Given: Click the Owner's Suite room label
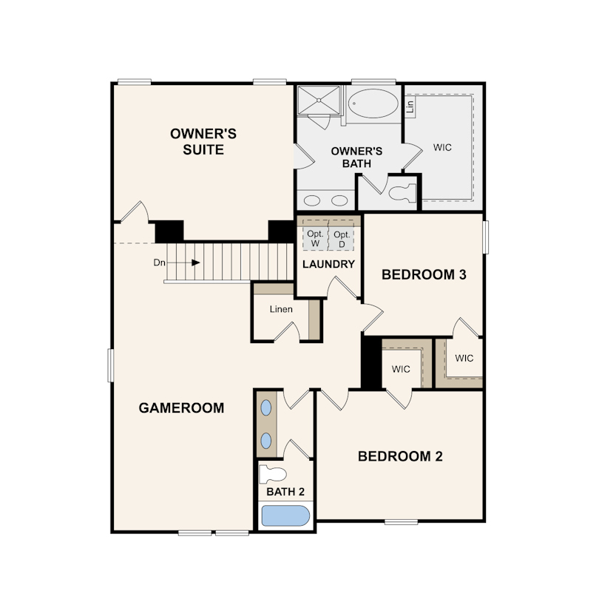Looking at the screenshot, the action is tap(203, 142).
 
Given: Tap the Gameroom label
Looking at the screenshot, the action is tap(181, 408).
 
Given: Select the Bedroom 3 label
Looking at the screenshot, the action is tap(424, 274).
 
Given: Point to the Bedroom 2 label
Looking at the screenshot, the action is tap(400, 456).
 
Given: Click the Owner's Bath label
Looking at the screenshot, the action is tap(356, 158).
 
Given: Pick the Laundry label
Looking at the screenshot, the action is tap(328, 264).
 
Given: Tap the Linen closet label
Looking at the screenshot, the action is tap(281, 309).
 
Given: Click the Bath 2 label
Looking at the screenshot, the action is tap(285, 492).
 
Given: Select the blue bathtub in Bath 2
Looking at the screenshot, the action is tap(285, 515).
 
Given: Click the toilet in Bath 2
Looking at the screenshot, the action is tap(273, 475).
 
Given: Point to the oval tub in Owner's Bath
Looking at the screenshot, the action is tap(373, 103).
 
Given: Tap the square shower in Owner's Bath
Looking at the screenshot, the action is tap(319, 100).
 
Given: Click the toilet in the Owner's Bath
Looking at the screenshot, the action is tap(403, 192).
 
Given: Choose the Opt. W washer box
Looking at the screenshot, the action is tap(315, 239).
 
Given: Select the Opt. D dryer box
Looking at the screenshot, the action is tap(341, 239).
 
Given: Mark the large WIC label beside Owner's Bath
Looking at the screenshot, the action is tap(442, 147).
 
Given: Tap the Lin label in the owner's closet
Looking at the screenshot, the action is tap(410, 106).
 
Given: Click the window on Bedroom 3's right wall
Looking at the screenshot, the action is tap(486, 237).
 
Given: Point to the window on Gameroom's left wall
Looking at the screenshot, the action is tap(111, 365).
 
